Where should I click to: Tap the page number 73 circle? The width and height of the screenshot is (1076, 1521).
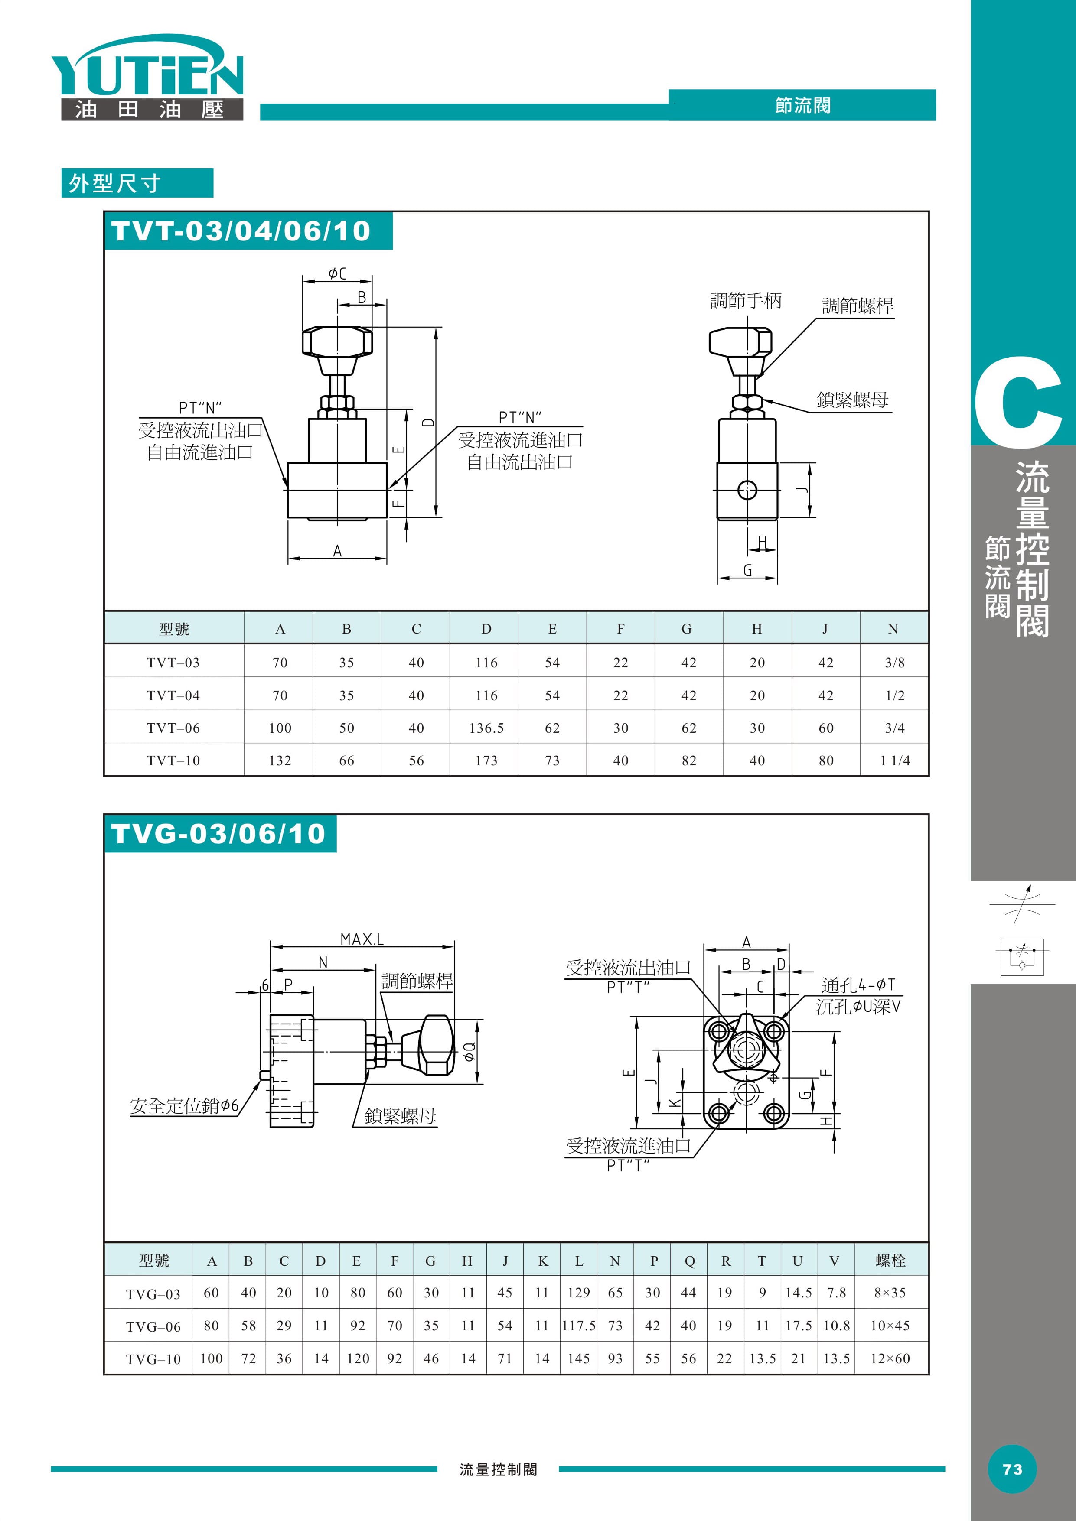coord(1012,1469)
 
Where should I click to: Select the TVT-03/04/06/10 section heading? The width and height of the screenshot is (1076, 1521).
coord(241,231)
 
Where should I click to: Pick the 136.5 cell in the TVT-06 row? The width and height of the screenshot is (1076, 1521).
coord(486,728)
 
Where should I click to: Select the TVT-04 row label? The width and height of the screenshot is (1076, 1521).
coord(173,695)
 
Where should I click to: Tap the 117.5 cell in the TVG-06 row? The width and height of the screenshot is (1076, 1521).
coord(578,1326)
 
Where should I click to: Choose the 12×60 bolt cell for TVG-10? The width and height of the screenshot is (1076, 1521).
coord(890,1358)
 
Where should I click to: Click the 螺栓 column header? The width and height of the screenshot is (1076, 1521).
coord(890,1261)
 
